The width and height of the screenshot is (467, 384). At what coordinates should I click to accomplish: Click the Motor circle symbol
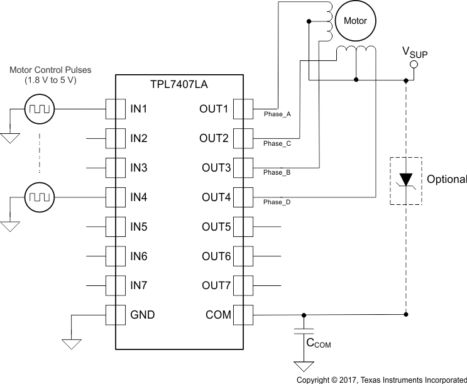(x=355, y=21)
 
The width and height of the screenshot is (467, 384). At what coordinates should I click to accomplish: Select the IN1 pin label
(x=138, y=109)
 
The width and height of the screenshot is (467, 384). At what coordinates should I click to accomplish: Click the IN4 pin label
(x=138, y=198)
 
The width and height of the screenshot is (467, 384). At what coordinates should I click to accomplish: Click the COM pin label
(x=219, y=315)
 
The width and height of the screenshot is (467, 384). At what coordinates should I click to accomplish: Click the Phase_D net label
(x=277, y=202)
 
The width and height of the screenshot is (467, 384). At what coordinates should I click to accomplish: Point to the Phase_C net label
(x=277, y=144)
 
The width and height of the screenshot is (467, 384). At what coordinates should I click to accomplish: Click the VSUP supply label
(x=415, y=53)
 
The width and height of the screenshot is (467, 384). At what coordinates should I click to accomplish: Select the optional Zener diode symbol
(x=406, y=180)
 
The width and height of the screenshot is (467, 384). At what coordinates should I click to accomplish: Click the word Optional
(x=446, y=180)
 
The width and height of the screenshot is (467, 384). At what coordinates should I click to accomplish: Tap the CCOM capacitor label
(x=318, y=344)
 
